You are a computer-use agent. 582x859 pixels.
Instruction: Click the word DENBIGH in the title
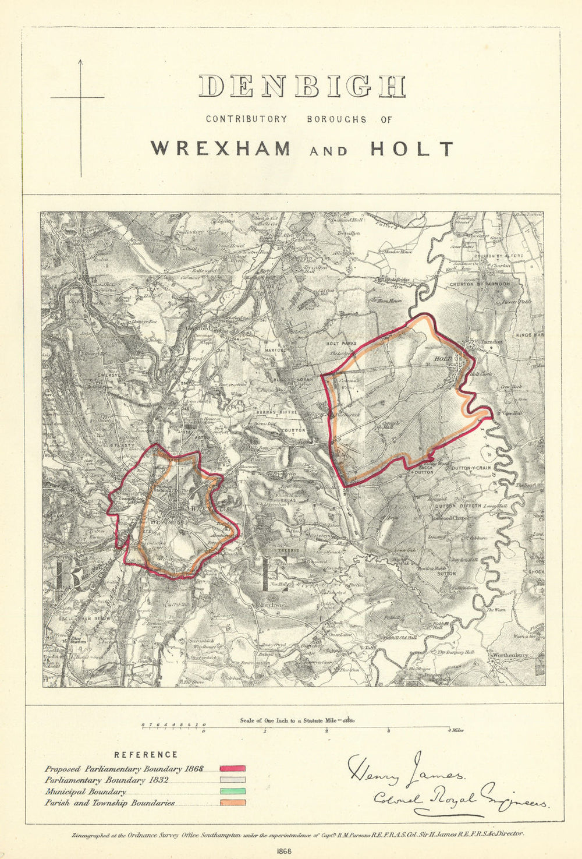[301, 86]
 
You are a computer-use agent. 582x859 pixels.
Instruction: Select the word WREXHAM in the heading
[221, 149]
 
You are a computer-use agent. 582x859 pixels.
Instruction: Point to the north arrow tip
[80, 59]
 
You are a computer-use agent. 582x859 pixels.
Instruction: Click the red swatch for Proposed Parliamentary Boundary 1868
[232, 769]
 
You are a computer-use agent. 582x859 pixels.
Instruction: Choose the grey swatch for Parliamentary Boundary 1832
[232, 780]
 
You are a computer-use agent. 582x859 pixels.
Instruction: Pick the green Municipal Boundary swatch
[232, 791]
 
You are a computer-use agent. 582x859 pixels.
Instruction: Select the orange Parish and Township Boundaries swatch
[232, 803]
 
